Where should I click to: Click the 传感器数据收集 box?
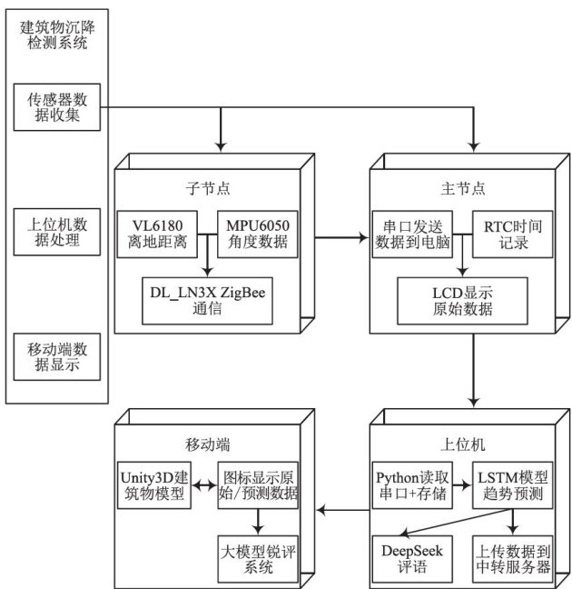[x=56, y=108]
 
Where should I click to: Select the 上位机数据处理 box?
[x=56, y=232]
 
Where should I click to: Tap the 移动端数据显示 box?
[x=56, y=357]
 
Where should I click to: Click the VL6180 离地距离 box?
[x=157, y=234]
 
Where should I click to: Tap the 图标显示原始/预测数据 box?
[x=259, y=485]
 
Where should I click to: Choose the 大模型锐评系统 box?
[x=259, y=558]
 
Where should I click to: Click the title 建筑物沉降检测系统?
[x=56, y=35]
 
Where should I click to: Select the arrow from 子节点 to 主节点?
[x=340, y=239]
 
